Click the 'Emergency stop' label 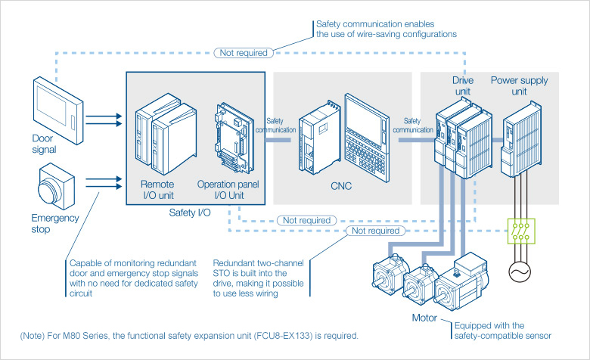pos(54,223)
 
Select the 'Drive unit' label pos(462,85)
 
